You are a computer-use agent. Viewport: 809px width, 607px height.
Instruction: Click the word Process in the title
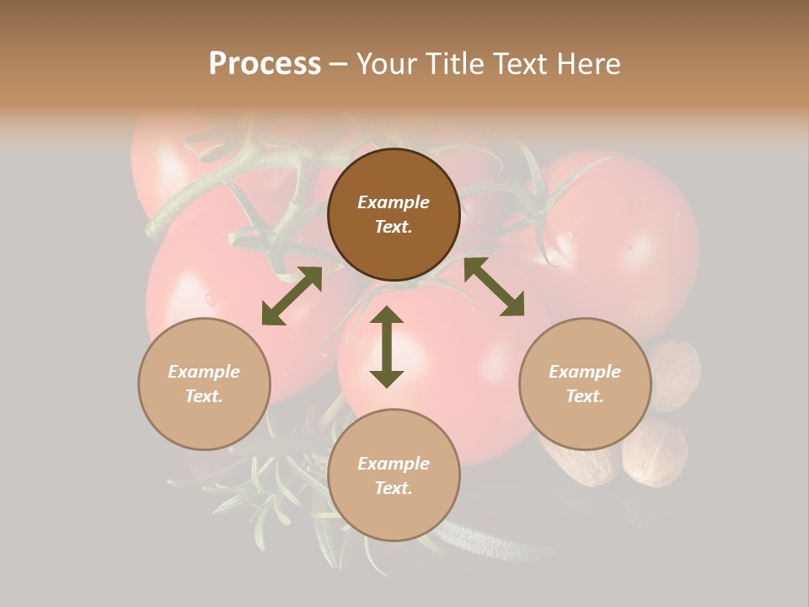pos(265,63)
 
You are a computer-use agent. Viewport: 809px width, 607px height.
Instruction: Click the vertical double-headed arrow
pos(387,346)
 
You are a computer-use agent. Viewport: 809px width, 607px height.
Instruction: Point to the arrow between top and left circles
pos(292,296)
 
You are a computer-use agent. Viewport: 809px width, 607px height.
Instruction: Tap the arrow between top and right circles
pos(494,287)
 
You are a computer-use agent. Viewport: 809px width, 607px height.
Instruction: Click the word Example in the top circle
pos(394,202)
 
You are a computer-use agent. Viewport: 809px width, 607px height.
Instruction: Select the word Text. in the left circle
pos(204,396)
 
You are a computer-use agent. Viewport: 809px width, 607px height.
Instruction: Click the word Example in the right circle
pos(585,372)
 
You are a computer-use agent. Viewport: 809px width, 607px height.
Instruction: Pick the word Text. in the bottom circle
pos(394,488)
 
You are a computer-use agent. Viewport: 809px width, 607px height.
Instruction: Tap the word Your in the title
pos(384,63)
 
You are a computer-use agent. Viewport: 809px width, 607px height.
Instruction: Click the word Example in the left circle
pos(204,372)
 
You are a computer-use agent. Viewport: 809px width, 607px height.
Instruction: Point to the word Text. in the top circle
pos(394,227)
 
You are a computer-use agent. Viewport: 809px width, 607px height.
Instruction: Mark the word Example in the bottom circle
pos(394,464)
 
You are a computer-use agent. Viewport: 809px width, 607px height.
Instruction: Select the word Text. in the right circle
pos(585,396)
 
